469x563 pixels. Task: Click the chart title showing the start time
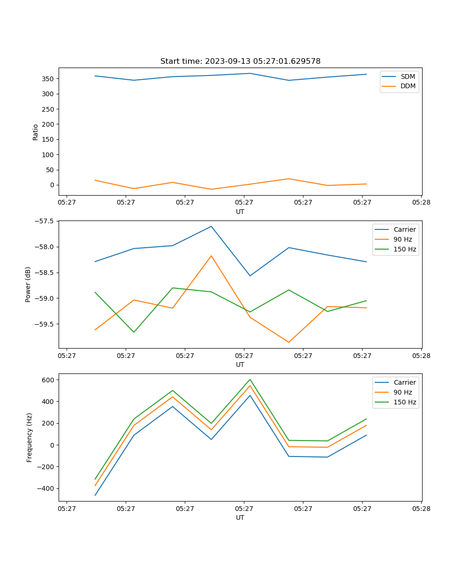coord(240,61)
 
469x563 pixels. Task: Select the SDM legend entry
coord(408,76)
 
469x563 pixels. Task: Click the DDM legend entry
coord(408,86)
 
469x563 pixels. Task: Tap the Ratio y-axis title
coord(36,132)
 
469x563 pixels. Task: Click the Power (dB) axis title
coord(28,284)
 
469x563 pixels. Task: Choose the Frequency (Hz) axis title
coord(30,437)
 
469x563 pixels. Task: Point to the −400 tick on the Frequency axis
coord(47,488)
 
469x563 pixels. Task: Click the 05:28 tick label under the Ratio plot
coord(421,203)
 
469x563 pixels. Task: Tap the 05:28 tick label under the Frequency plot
coord(421,509)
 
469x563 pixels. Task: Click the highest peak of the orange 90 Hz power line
coord(211,256)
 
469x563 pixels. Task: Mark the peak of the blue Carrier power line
coord(211,226)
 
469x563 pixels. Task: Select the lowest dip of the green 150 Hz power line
coord(134,332)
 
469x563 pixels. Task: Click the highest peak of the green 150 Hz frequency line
coord(250,379)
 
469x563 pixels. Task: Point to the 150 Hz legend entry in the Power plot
coord(405,249)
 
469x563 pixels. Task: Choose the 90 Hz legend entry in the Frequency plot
coord(403,392)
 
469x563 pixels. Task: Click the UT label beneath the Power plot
coord(240,365)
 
